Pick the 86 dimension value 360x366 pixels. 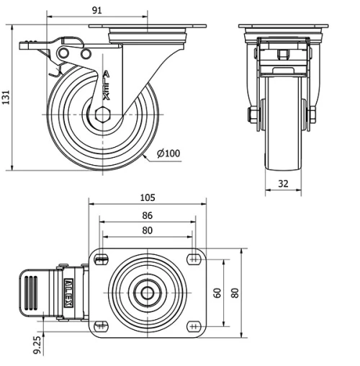pyautogui.click(x=146, y=215)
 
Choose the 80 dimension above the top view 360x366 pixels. pyautogui.click(x=146, y=231)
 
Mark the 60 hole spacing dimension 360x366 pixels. pyautogui.click(x=217, y=293)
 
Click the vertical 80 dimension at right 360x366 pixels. pyautogui.click(x=234, y=293)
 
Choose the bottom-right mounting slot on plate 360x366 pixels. pyautogui.click(x=193, y=326)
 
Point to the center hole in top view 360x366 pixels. pyautogui.click(x=147, y=293)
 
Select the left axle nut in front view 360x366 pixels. pyautogui.click(x=253, y=115)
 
